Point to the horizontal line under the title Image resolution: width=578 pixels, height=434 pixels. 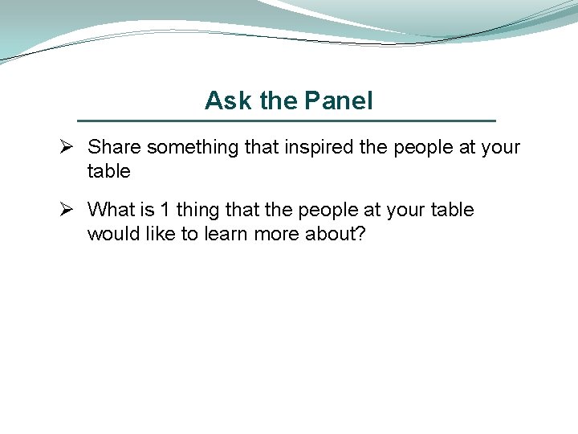coord(287,121)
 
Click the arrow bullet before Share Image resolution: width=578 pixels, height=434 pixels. coord(68,148)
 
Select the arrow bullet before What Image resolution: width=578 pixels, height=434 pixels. coord(68,211)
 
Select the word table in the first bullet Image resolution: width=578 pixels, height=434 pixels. coord(108,171)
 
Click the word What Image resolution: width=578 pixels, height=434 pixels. coord(111,211)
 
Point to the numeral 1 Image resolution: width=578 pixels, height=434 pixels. coord(165,211)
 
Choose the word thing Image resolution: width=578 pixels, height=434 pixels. coord(198,211)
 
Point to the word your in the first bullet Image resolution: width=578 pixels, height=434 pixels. coord(499,148)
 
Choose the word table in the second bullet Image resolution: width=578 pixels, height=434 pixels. coord(452,211)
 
